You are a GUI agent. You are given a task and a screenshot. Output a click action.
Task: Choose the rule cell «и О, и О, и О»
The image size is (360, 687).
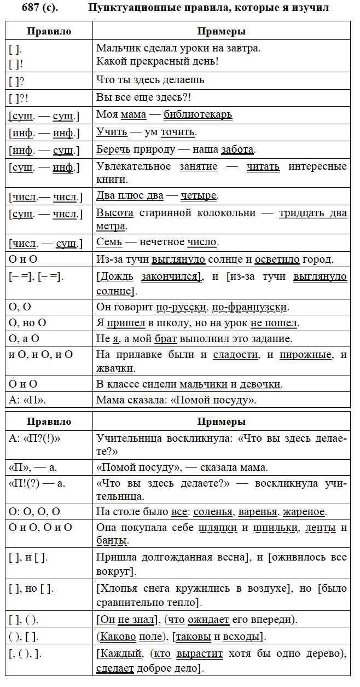pyautogui.click(x=41, y=355)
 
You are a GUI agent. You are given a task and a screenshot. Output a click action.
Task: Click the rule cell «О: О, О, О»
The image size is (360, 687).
pyautogui.click(x=34, y=512)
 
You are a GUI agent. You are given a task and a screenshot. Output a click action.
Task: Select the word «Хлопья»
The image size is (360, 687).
pyautogui.click(x=115, y=588)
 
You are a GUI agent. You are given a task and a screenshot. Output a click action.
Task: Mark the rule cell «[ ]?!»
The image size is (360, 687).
pyautogui.click(x=20, y=97)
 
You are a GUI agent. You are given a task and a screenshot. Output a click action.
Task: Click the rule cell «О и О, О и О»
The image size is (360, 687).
pyautogui.click(x=40, y=528)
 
